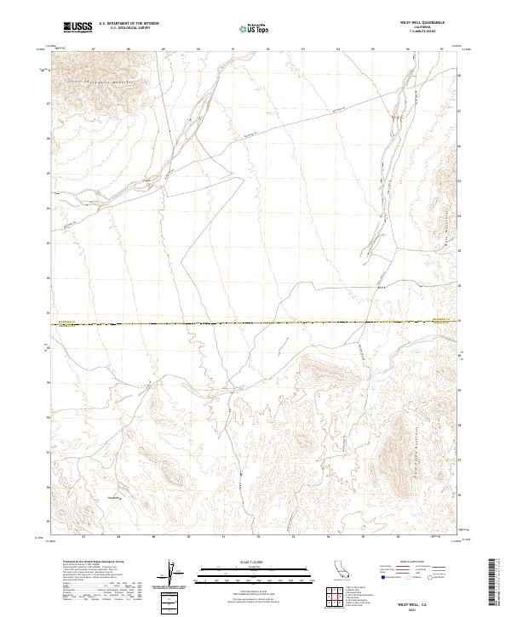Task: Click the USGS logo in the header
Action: click(78, 28)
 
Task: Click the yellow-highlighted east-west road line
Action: click(255, 323)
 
